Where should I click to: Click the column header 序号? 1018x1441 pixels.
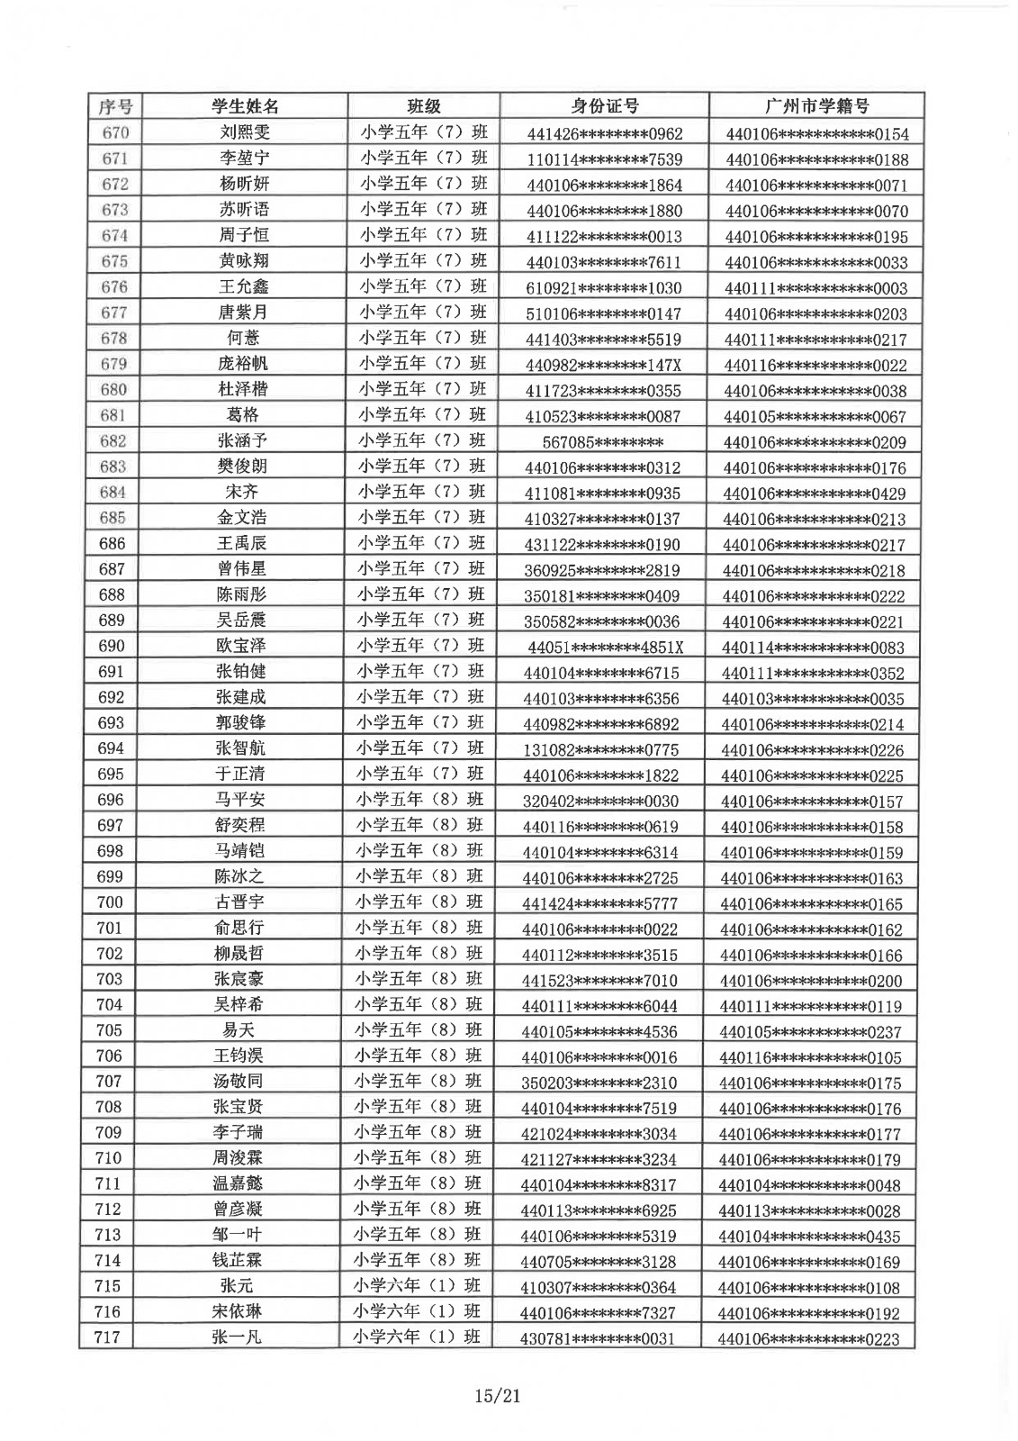[115, 106]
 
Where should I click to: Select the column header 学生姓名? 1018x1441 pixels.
[245, 106]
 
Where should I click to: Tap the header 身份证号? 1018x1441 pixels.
[605, 106]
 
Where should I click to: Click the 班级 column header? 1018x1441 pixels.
[424, 106]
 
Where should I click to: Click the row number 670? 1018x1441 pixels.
[114, 132]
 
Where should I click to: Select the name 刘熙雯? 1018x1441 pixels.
[245, 132]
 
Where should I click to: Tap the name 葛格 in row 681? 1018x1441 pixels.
[244, 415]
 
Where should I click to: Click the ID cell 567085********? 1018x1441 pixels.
[603, 442]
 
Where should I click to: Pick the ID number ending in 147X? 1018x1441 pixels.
[603, 365]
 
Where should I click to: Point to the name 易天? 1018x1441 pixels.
[239, 1030]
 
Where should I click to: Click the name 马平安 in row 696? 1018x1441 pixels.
[240, 799]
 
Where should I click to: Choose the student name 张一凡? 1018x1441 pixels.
[238, 1337]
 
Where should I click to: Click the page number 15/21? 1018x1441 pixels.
[498, 1396]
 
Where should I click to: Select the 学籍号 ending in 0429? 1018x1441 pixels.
[815, 494]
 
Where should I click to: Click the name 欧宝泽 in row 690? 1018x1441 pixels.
[241, 646]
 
